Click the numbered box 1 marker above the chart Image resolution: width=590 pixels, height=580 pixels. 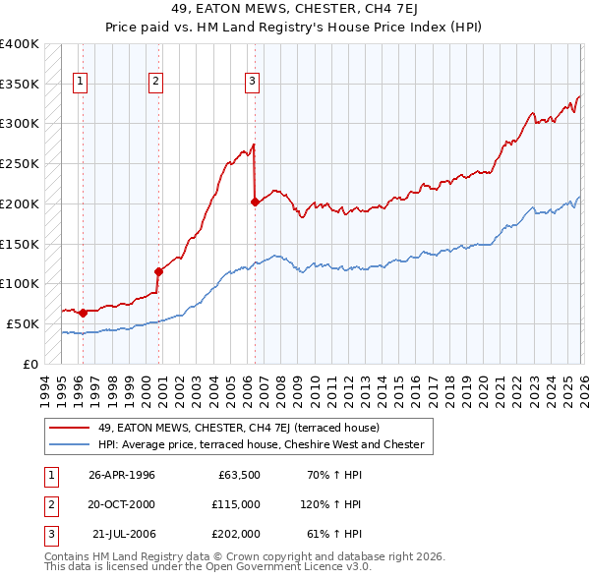click(x=80, y=83)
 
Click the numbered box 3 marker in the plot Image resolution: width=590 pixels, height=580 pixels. click(x=253, y=83)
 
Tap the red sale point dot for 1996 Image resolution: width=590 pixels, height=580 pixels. click(x=83, y=313)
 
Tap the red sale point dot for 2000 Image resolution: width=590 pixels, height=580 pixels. click(x=157, y=271)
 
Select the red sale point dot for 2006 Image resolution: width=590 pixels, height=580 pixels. click(x=255, y=202)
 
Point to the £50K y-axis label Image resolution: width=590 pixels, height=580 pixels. click(x=23, y=323)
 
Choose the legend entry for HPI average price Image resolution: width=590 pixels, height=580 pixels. click(x=261, y=444)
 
